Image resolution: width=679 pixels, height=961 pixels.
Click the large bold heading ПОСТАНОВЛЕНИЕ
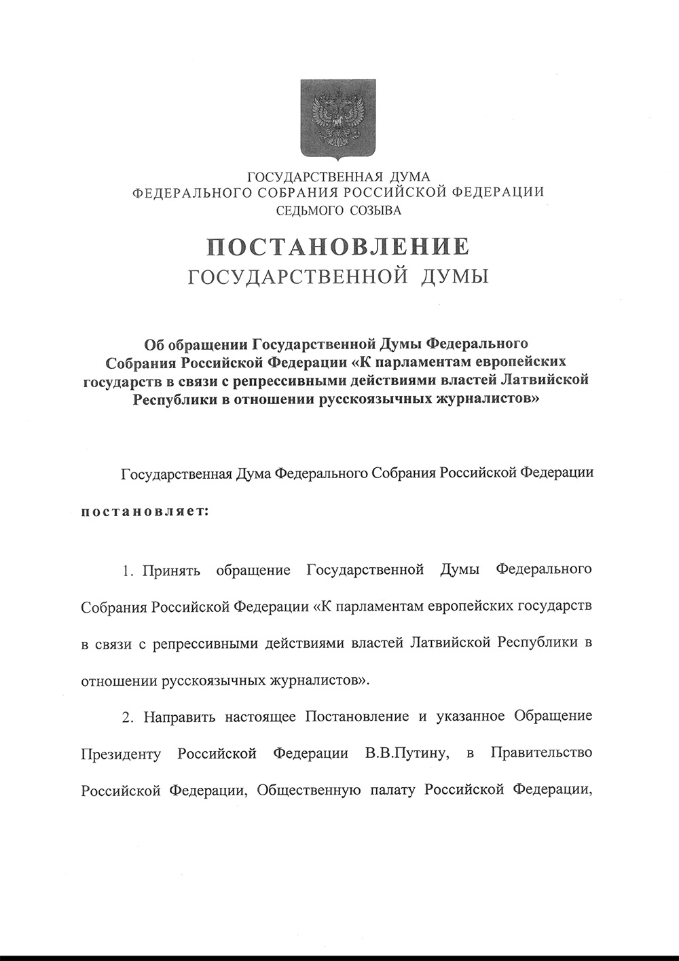coord(338,246)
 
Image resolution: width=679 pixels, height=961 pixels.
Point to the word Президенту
coord(120,754)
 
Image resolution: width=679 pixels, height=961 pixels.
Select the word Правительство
coord(540,753)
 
